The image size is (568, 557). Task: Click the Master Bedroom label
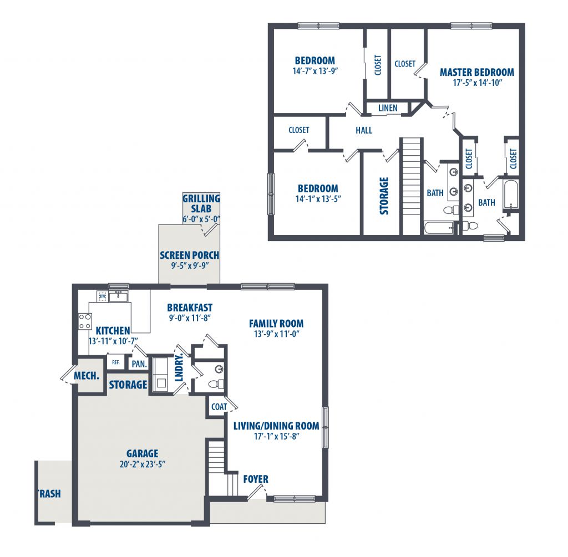476,73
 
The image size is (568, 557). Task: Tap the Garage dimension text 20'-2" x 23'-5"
143,464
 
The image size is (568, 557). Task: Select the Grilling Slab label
201,203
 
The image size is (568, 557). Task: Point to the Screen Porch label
190,255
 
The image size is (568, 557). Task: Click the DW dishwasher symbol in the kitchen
103,296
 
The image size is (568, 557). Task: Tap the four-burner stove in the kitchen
85,321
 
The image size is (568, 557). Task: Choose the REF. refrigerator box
116,362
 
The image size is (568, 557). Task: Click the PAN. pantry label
139,364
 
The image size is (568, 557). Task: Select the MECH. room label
87,376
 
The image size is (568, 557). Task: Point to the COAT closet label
219,407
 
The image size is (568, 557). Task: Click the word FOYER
256,479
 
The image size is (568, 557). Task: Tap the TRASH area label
49,494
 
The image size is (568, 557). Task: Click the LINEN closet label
388,108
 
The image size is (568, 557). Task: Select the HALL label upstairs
364,130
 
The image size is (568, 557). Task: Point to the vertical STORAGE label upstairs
384,196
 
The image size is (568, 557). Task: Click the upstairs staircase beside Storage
411,187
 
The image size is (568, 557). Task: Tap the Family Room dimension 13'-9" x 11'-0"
276,334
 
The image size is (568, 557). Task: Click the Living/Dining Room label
276,426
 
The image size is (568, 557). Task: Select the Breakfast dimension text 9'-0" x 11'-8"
190,318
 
